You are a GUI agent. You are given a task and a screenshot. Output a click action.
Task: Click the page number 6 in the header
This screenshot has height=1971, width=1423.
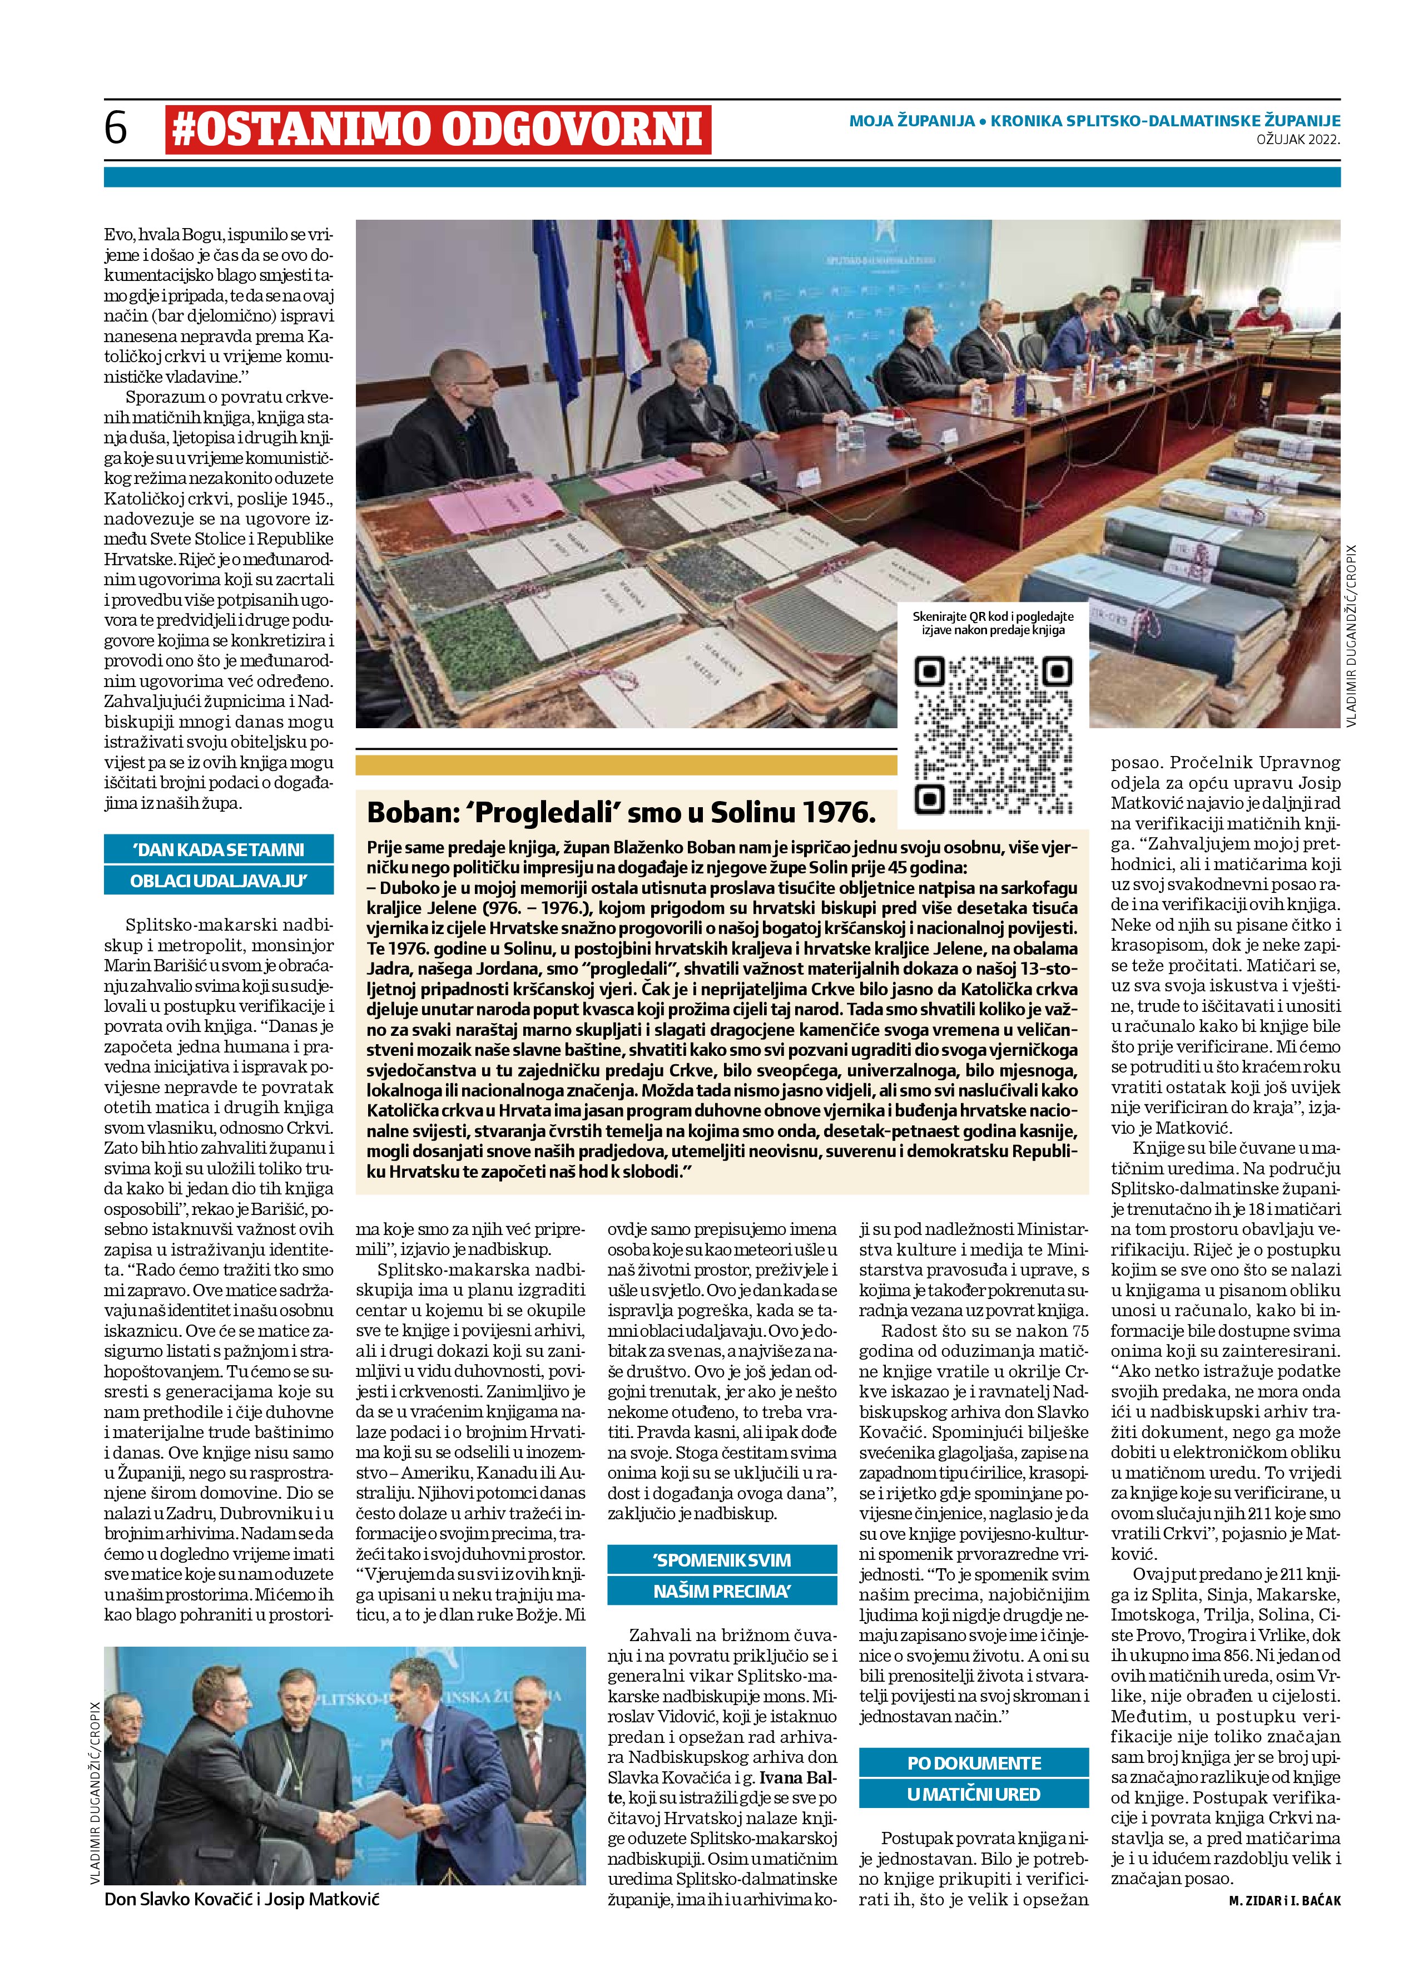(x=116, y=129)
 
